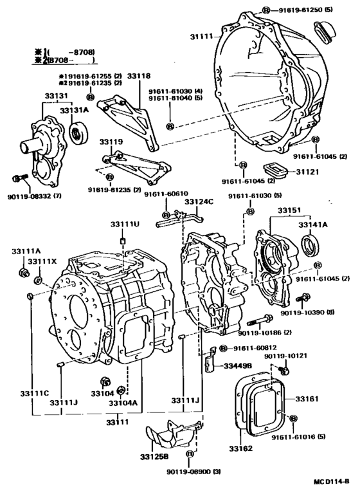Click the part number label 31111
click(202, 37)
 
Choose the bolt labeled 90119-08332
click(17, 177)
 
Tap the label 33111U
click(124, 223)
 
